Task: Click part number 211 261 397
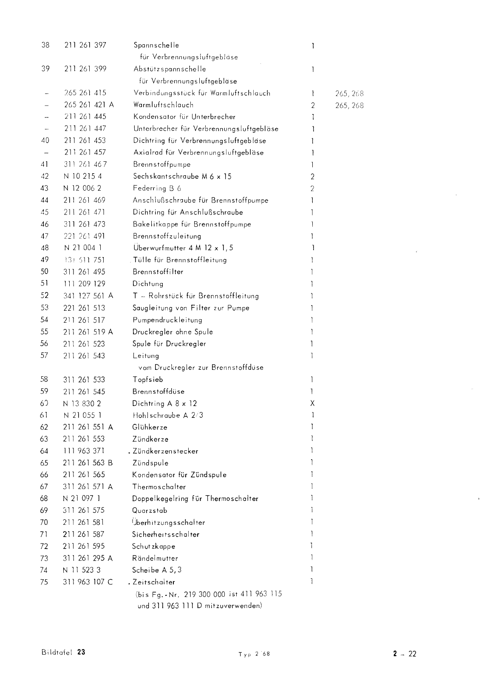click(x=85, y=45)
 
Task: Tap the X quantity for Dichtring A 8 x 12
click(x=312, y=403)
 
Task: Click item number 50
click(x=44, y=272)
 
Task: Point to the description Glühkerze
click(x=150, y=427)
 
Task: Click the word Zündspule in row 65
click(x=150, y=463)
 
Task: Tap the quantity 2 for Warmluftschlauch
click(x=312, y=105)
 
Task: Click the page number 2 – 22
click(x=405, y=654)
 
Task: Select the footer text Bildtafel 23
click(x=63, y=652)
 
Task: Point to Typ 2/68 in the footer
click(x=254, y=655)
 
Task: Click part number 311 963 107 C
click(x=88, y=582)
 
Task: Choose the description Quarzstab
click(x=150, y=510)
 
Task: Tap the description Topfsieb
click(x=147, y=379)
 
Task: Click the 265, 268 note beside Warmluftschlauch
click(x=349, y=105)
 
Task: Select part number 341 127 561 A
click(x=88, y=295)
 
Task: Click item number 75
click(x=44, y=582)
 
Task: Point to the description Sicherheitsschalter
click(x=165, y=534)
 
